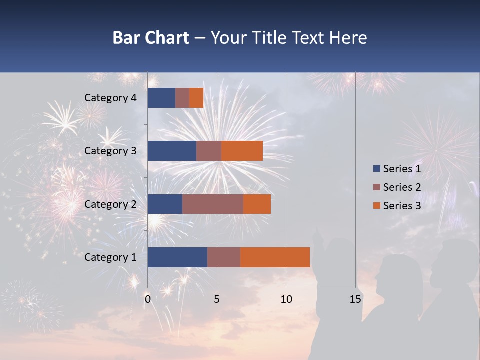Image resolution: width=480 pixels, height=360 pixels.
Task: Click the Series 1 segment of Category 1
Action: tap(177, 257)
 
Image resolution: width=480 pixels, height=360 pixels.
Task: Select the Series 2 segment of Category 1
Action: tap(224, 257)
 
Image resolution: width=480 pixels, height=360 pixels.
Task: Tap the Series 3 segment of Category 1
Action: tap(275, 257)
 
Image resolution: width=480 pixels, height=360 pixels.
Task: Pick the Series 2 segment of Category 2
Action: tap(213, 204)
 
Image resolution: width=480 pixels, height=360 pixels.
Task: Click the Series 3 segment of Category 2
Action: tap(257, 204)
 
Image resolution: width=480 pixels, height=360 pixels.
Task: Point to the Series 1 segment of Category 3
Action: tap(172, 151)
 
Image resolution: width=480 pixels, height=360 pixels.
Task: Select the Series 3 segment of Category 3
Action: tap(242, 151)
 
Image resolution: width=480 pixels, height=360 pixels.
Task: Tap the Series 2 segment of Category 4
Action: tap(182, 98)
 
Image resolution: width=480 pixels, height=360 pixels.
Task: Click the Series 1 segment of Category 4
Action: tap(161, 98)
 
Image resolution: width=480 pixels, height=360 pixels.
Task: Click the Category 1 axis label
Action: tap(110, 257)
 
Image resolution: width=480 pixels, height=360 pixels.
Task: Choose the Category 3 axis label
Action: tap(110, 151)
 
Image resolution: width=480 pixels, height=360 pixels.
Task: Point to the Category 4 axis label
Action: tap(110, 98)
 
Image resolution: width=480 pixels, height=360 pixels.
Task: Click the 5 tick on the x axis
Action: tap(217, 299)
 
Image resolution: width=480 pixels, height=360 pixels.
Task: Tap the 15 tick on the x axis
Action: tap(355, 299)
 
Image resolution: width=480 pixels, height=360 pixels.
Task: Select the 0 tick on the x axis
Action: tap(148, 299)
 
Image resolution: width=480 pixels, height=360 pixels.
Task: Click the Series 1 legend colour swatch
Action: tap(376, 169)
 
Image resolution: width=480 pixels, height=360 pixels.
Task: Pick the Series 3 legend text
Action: tap(402, 205)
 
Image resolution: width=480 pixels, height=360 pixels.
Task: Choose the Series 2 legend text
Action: tap(402, 187)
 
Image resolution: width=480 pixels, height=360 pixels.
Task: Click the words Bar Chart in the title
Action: tap(150, 38)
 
